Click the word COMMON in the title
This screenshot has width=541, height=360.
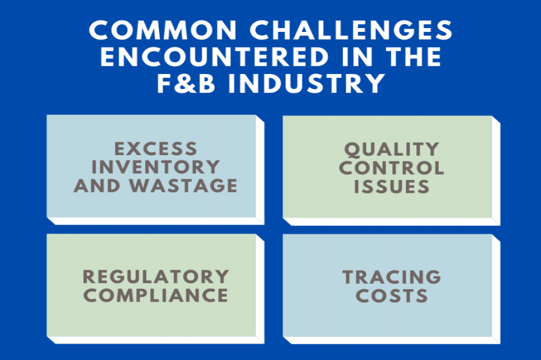tap(163, 30)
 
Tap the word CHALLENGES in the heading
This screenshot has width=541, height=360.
tap(351, 30)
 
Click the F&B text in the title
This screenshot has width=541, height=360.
tap(186, 83)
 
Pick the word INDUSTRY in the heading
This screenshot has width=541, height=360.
tap(306, 83)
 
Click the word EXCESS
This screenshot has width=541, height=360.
tap(156, 149)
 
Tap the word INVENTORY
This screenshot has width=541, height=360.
tap(156, 167)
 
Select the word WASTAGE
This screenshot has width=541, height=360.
tap(183, 185)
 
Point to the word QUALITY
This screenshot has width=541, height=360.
tap(392, 149)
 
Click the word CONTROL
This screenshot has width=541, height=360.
tap(392, 168)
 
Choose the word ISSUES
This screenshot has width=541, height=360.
tap(392, 186)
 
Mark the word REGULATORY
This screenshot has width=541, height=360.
tap(156, 277)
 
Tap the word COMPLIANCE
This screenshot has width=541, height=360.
tap(156, 296)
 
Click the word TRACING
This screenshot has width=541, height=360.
tap(392, 277)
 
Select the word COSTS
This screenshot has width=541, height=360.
tap(392, 296)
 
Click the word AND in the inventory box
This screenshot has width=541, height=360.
tap(97, 185)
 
